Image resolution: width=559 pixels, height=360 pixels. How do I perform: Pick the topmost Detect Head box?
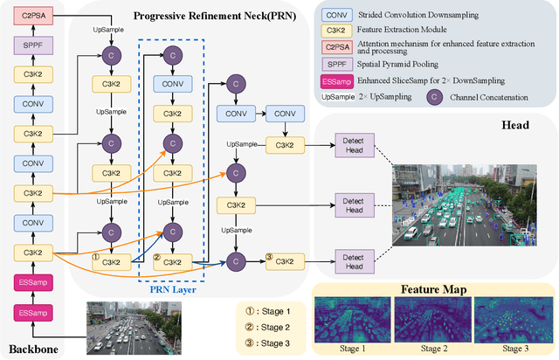click(353, 145)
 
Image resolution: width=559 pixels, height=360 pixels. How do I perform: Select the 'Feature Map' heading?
click(432, 288)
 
